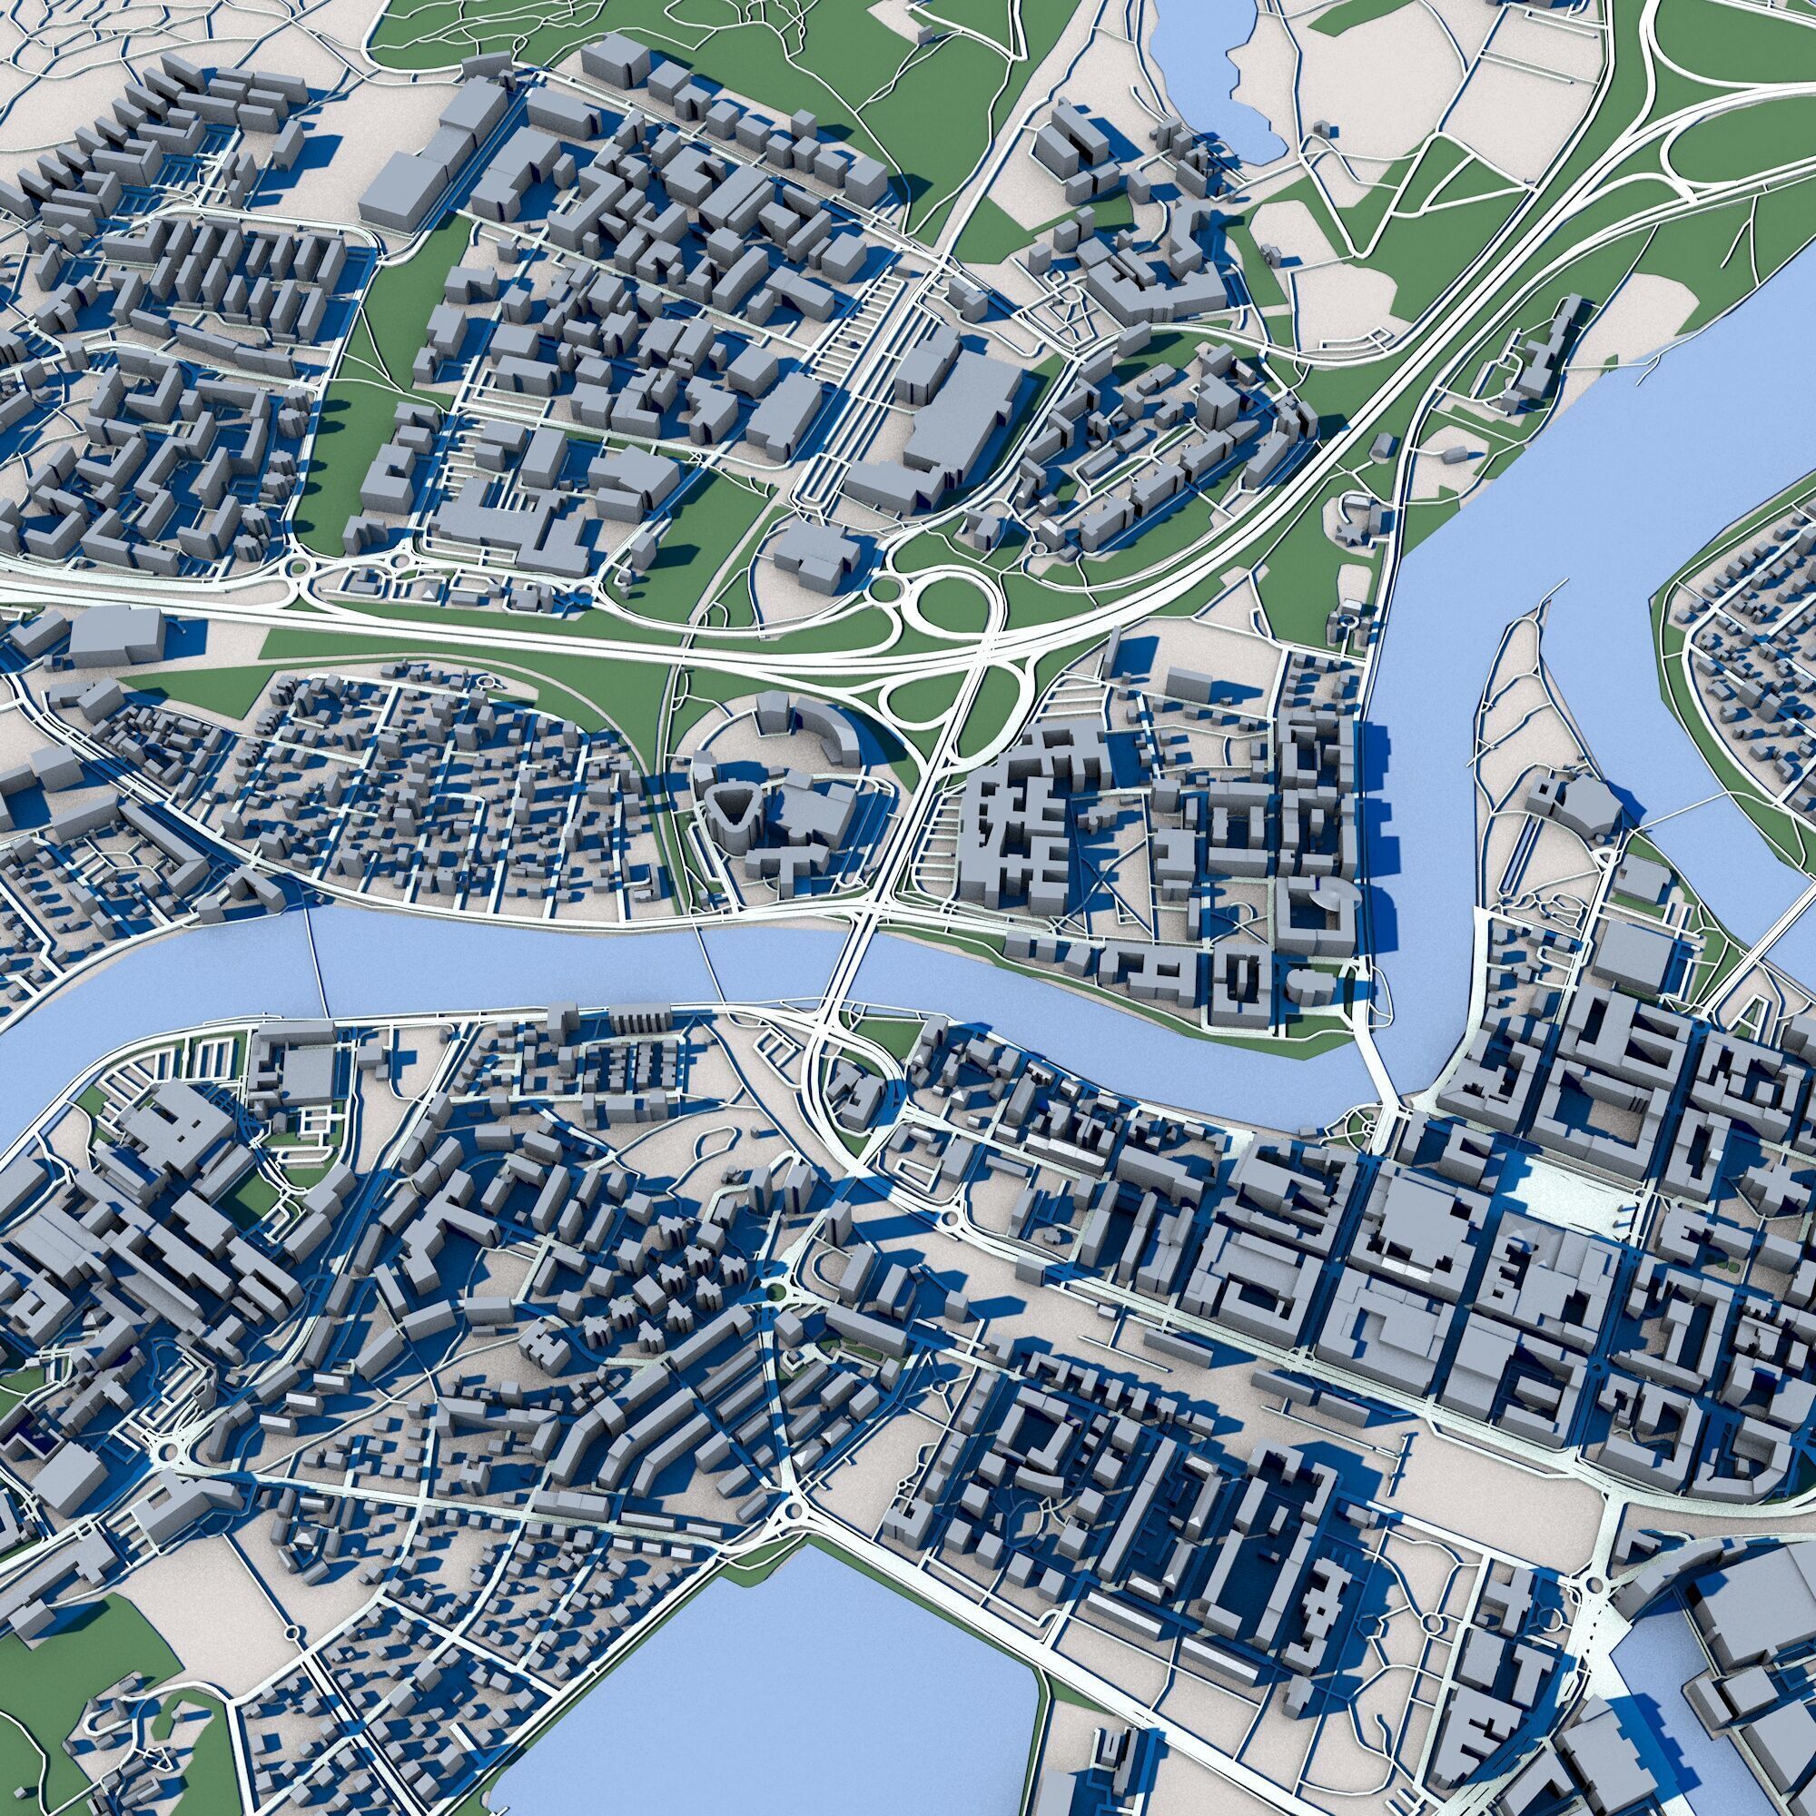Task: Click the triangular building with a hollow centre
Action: (x=730, y=806)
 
